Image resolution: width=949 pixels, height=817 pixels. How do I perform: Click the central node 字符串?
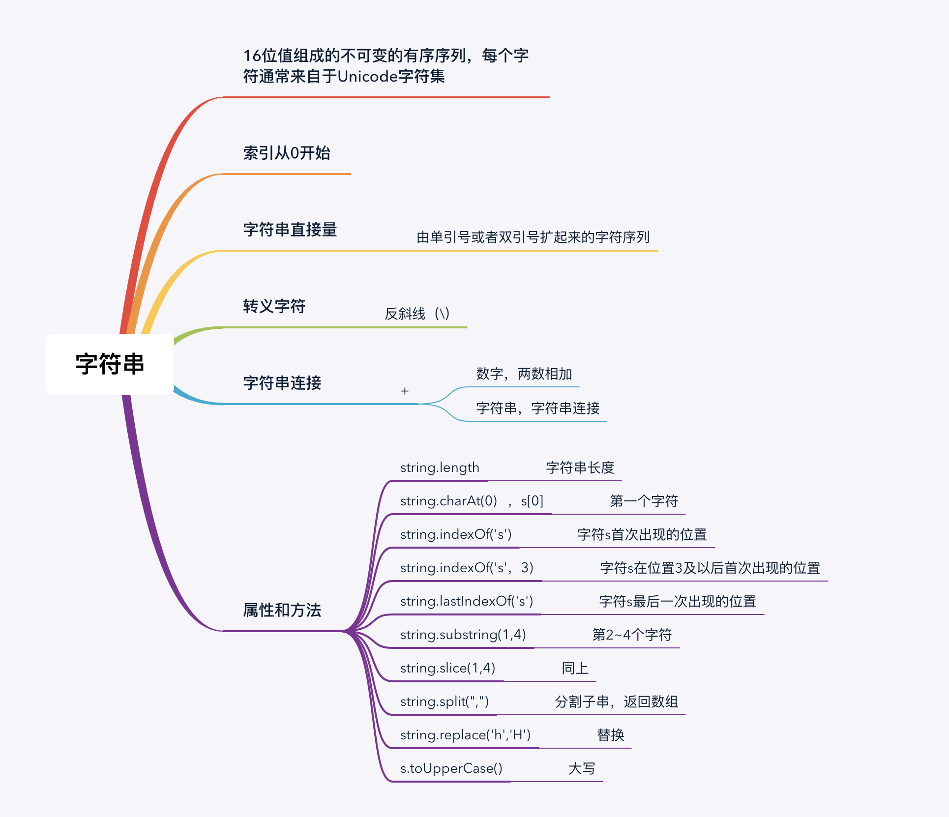pyautogui.click(x=110, y=364)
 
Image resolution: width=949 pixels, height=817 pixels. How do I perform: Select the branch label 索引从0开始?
pyautogui.click(x=287, y=153)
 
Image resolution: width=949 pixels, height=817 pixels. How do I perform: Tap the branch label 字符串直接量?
pyautogui.click(x=290, y=230)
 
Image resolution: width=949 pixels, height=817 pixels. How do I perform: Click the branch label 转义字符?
pyautogui.click(x=274, y=306)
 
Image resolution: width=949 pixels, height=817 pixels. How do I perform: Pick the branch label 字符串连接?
pyautogui.click(x=282, y=383)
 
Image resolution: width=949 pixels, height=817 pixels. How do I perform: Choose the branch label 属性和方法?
pyautogui.click(x=282, y=610)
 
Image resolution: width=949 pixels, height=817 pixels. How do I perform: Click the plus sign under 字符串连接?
pyautogui.click(x=405, y=391)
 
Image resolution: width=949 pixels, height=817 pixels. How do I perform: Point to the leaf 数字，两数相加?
pyautogui.click(x=524, y=374)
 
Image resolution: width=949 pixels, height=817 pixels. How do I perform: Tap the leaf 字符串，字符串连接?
pyautogui.click(x=537, y=408)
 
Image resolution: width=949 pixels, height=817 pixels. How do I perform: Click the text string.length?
pyautogui.click(x=440, y=467)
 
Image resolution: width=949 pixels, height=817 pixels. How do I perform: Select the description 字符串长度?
pyautogui.click(x=580, y=467)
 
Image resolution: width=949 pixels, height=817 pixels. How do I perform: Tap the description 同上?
pyautogui.click(x=575, y=668)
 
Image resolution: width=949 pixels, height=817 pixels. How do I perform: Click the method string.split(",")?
pyautogui.click(x=444, y=701)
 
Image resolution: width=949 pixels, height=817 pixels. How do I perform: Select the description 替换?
pyautogui.click(x=610, y=735)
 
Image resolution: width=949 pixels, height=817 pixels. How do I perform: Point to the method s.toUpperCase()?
pyautogui.click(x=451, y=768)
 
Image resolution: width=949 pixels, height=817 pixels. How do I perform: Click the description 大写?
pyautogui.click(x=581, y=768)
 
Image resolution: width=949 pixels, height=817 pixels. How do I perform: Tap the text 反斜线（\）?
pyautogui.click(x=417, y=314)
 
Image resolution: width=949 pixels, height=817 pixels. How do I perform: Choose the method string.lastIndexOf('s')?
pyautogui.click(x=466, y=601)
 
